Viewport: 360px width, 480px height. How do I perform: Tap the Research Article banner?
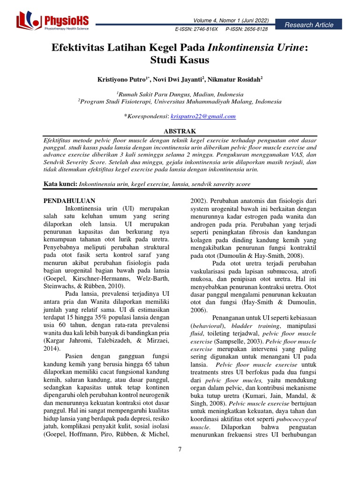pyautogui.click(x=311, y=25)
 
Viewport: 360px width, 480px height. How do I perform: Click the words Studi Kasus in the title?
pyautogui.click(x=180, y=60)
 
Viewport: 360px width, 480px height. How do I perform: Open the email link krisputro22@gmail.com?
pyautogui.click(x=210, y=116)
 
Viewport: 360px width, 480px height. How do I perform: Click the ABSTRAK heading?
pyautogui.click(x=180, y=131)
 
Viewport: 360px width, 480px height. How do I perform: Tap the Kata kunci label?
pyautogui.click(x=60, y=184)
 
